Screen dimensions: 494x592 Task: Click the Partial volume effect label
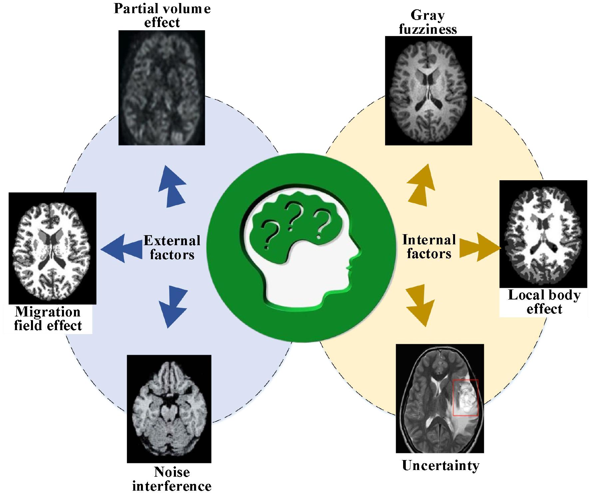pyautogui.click(x=162, y=15)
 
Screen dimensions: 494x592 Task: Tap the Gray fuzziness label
pyautogui.click(x=428, y=22)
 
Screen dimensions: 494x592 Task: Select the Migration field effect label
pyautogui.click(x=48, y=319)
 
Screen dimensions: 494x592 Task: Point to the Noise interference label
pyautogui.click(x=172, y=479)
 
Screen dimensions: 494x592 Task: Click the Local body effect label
pyautogui.click(x=544, y=302)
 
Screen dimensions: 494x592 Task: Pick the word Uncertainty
pyautogui.click(x=440, y=466)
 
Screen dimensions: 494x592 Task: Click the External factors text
pyautogui.click(x=172, y=247)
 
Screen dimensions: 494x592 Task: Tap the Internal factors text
pyautogui.click(x=429, y=247)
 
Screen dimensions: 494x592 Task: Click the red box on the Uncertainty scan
pyautogui.click(x=465, y=398)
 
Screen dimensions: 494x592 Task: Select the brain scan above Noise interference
pyautogui.click(x=169, y=408)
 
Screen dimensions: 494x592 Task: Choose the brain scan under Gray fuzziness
pyautogui.click(x=428, y=91)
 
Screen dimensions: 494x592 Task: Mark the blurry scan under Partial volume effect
pyautogui.click(x=162, y=88)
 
